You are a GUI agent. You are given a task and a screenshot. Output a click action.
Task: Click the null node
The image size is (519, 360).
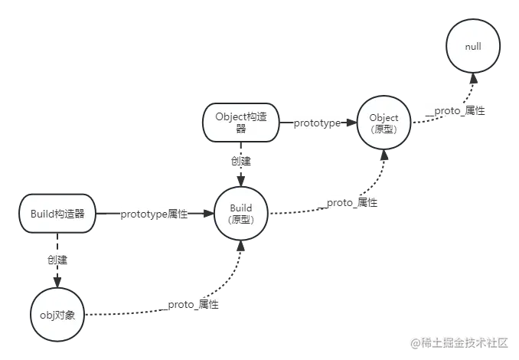click(473, 47)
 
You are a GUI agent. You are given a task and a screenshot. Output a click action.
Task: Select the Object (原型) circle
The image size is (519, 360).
click(384, 123)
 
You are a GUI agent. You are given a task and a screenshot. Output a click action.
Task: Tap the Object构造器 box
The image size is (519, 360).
click(241, 123)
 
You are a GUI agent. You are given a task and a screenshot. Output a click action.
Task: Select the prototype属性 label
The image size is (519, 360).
click(154, 214)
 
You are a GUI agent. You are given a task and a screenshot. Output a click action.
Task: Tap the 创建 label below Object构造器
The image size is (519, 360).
click(240, 162)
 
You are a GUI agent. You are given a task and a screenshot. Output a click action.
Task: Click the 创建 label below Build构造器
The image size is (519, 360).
click(56, 260)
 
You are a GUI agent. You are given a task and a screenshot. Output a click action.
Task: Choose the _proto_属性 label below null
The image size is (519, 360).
click(455, 110)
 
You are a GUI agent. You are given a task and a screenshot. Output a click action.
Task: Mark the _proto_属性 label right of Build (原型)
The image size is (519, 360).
click(347, 202)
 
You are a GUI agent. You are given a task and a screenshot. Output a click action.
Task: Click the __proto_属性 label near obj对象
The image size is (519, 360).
click(188, 304)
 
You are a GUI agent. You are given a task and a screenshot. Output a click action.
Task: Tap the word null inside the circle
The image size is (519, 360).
click(473, 47)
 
